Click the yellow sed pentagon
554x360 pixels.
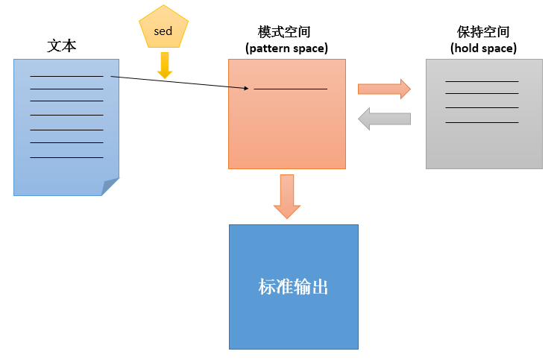coord(163,28)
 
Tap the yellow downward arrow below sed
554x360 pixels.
coord(165,66)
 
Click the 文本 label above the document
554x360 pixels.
coord(62,45)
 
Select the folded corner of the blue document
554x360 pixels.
coord(110,186)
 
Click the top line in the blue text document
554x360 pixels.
coord(67,76)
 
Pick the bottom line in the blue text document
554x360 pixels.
coord(67,157)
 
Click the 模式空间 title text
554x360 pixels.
coord(284,32)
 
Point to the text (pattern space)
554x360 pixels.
coord(286,48)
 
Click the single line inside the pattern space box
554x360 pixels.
coord(291,89)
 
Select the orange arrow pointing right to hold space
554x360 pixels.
coord(385,89)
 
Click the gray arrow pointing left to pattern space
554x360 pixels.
coord(385,119)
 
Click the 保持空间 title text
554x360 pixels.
coord(483,32)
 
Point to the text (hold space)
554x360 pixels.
coord(483,48)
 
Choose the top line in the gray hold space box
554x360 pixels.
coord(482,81)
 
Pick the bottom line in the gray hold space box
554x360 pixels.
coord(482,122)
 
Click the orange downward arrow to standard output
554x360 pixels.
coord(287,197)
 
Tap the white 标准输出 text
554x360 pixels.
coord(293,286)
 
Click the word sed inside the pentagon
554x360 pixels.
coord(163,31)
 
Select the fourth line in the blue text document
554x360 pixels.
coord(67,116)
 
